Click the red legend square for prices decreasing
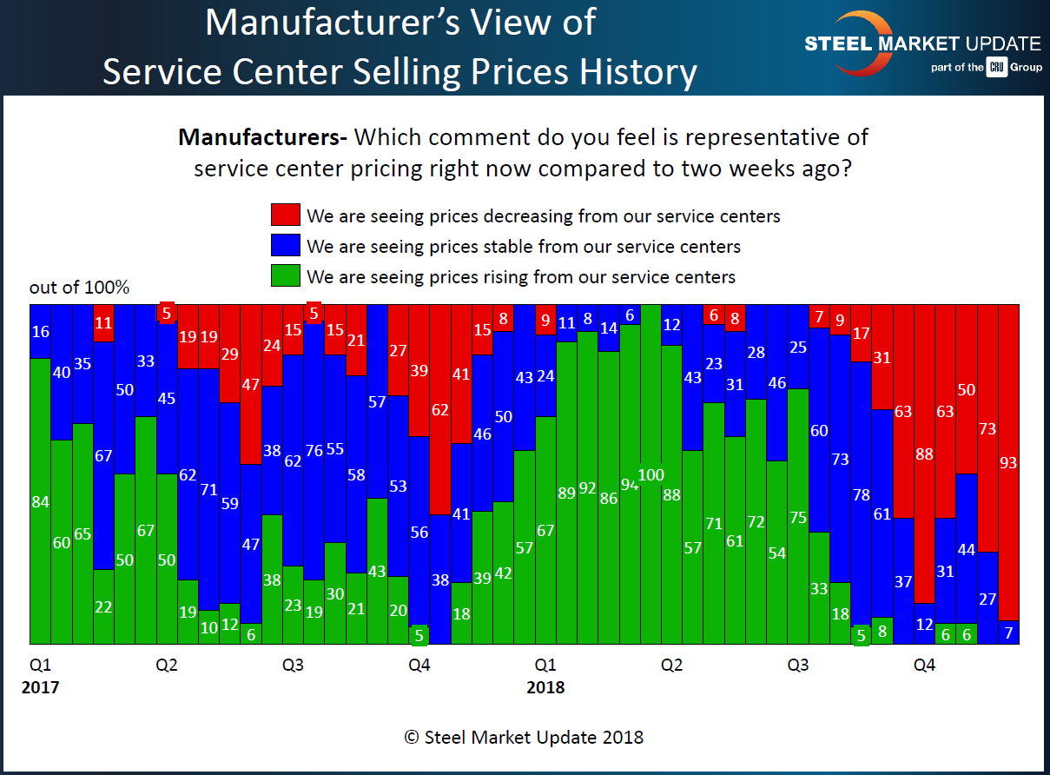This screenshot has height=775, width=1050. pos(286,215)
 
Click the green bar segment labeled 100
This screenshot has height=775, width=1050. pos(650,474)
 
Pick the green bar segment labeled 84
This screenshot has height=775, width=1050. pos(40,501)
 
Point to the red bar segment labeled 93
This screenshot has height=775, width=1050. pos(1008,462)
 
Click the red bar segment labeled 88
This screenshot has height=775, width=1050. pos(924,453)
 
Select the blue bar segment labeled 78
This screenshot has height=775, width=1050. pos(861,494)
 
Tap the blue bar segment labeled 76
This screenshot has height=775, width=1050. pos(314,450)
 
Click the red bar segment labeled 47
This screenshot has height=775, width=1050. pos(251,384)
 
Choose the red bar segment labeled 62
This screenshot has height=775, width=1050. pos(440,409)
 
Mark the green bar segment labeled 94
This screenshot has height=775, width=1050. pos(629,485)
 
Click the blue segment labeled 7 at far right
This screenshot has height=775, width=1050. pos(1008,633)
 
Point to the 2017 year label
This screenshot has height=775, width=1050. pos(40,688)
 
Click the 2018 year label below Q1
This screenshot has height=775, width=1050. pos(545,688)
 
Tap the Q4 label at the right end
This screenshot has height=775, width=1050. pos(924,666)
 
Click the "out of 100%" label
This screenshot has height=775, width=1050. pos(79,288)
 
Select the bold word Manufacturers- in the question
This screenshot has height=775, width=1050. pos(262,137)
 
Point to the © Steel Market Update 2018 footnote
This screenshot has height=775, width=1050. pos(524,737)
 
